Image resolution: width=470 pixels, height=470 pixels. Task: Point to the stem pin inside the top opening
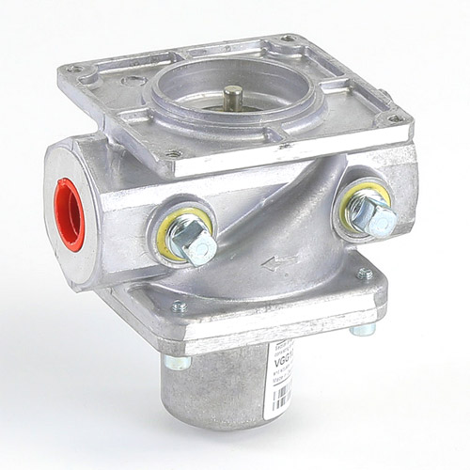(x=232, y=97)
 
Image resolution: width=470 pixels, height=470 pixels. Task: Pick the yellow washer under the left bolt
(x=174, y=231)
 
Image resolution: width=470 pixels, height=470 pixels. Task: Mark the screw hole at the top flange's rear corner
(x=287, y=40)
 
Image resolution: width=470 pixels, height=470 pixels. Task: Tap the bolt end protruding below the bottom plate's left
(x=176, y=361)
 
